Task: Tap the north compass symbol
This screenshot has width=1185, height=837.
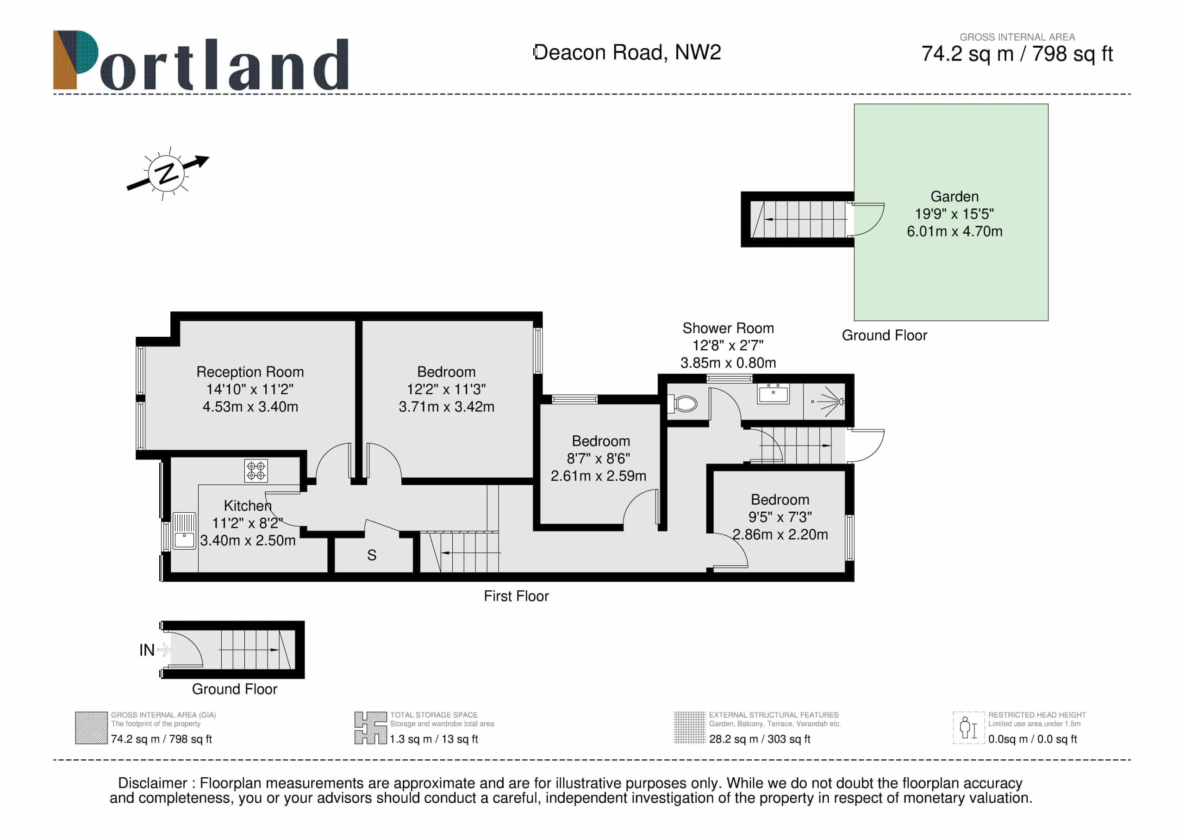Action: coord(168,173)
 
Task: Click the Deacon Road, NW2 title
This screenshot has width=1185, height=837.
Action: coord(627,53)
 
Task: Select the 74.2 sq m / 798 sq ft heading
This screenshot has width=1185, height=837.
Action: coord(1017,54)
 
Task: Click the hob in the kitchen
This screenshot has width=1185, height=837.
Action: coord(256,471)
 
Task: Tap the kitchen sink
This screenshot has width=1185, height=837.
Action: coord(184,531)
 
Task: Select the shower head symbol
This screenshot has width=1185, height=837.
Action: coord(829,401)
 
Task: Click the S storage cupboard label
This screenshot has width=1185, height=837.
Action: coord(372,555)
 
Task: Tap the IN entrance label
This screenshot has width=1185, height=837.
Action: coord(147,650)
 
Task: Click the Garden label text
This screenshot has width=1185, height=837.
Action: coord(954,197)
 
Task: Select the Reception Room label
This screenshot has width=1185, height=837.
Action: coord(250,372)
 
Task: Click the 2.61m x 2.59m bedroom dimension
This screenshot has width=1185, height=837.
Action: coord(598,476)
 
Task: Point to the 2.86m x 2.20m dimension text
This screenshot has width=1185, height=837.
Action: coord(780,534)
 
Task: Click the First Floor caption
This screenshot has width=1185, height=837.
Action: coord(516,596)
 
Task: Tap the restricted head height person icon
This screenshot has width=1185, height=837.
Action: coord(968,728)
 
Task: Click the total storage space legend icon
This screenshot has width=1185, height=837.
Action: coord(371,728)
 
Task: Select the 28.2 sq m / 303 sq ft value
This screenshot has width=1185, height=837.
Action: coord(759,739)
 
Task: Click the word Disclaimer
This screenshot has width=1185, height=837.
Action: coord(152,783)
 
